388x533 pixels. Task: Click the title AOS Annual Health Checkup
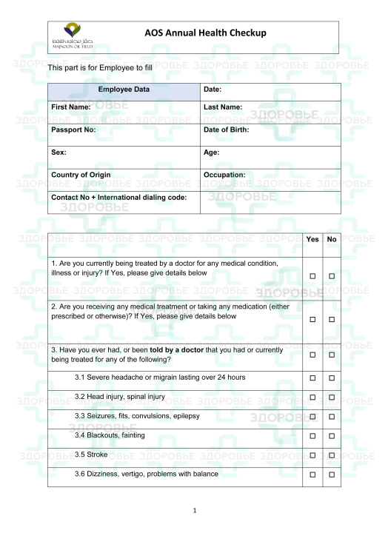pos(205,33)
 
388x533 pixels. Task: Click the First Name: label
pos(71,107)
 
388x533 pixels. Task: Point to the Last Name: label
pos(223,107)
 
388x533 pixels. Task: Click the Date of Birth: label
pos(226,130)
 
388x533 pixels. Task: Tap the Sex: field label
pos(59,152)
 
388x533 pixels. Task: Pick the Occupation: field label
pos(224,175)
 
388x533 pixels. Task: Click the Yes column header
pos(312,240)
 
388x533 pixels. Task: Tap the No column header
pos(332,240)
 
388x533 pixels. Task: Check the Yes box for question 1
pos(312,276)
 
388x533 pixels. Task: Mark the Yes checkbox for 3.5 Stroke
pos(312,455)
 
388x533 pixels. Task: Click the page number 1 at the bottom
pos(194,511)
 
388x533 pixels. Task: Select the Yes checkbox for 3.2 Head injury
pos(312,397)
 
